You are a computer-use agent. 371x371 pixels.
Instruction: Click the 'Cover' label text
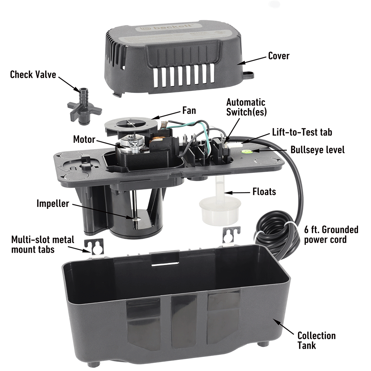click(x=278, y=56)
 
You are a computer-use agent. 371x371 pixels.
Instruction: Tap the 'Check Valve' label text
click(x=33, y=75)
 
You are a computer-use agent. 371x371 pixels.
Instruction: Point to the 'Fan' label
click(x=189, y=110)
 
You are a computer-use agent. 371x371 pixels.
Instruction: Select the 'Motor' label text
click(x=84, y=139)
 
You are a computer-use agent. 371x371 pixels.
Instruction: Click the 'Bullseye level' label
click(x=318, y=150)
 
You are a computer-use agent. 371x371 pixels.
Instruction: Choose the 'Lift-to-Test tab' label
click(x=302, y=132)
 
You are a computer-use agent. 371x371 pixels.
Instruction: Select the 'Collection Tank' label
click(x=316, y=340)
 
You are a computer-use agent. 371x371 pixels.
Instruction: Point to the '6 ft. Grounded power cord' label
click(x=331, y=234)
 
